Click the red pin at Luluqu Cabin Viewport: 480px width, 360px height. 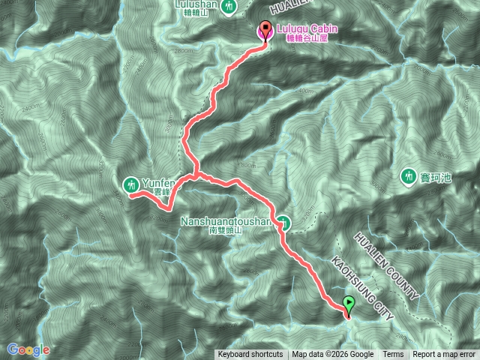(x=264, y=31)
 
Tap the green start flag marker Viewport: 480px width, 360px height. (x=349, y=304)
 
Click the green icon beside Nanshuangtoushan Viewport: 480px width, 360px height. (x=284, y=222)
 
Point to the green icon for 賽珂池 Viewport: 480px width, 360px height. (x=409, y=176)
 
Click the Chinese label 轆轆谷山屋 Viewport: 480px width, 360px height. (x=311, y=39)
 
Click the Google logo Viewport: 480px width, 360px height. (x=28, y=349)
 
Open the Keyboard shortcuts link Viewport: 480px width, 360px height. (x=250, y=355)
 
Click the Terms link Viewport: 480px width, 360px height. (x=393, y=355)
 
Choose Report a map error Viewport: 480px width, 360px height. (x=445, y=355)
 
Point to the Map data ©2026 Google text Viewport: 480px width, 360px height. (x=333, y=355)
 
